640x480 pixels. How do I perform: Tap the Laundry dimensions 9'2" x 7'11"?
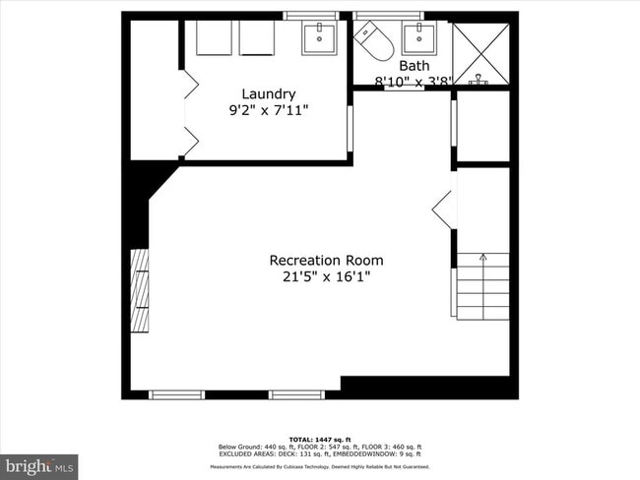point(268,110)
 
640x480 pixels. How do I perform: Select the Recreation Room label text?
point(326,261)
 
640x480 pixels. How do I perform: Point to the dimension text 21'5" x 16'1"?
point(326,277)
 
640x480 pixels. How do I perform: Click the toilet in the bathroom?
point(375,41)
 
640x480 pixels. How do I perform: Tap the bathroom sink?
point(420,40)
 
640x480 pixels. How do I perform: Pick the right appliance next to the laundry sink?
point(260,40)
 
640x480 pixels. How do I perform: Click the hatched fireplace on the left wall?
point(140,292)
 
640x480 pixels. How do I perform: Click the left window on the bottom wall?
point(176,394)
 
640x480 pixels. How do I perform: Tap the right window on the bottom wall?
point(297,394)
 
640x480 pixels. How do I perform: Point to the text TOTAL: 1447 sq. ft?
point(320,439)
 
